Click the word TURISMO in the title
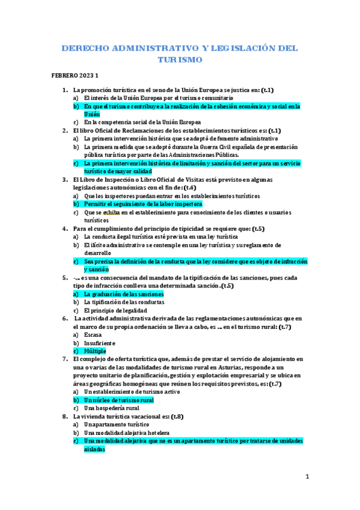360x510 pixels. pyautogui.click(x=180, y=60)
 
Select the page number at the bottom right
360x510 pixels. pyautogui.click(x=307, y=477)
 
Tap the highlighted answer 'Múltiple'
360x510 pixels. pyautogui.click(x=95, y=350)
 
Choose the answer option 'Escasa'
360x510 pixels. pyautogui.click(x=93, y=334)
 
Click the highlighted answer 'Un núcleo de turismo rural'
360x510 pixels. pyautogui.click(x=118, y=399)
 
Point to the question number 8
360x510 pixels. pyautogui.click(x=65, y=416)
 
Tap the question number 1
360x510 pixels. pyautogui.click(x=65, y=90)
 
